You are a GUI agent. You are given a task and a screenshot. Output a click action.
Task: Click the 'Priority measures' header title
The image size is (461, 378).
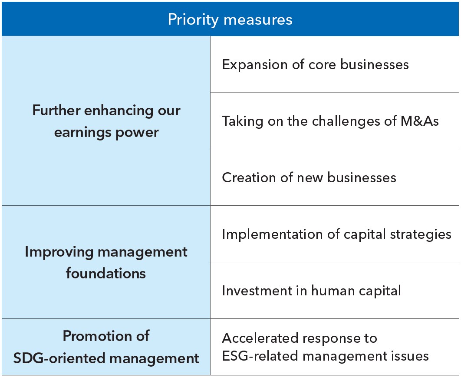230,20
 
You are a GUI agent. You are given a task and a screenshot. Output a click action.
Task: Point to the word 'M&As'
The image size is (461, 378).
420,121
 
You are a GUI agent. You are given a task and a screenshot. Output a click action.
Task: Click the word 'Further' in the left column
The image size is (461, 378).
56,110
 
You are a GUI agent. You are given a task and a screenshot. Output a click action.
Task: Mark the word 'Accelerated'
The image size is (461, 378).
260,338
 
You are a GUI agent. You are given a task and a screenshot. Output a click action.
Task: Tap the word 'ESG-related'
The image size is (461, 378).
260,356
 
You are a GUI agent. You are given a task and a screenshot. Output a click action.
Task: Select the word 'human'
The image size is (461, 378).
333,291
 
